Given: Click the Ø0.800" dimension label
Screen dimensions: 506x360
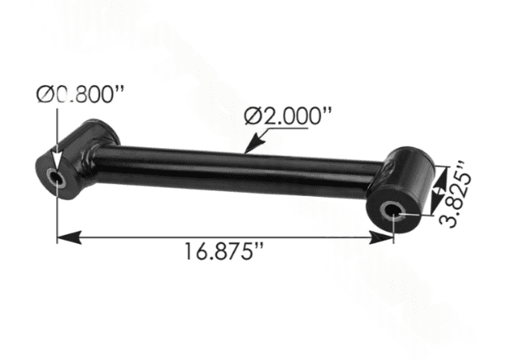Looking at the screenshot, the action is [80, 94].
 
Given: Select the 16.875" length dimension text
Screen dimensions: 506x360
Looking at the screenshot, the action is [224, 251].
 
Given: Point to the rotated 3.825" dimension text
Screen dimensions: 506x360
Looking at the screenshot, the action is [455, 195].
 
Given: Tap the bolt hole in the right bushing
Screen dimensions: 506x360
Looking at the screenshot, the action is [392, 212].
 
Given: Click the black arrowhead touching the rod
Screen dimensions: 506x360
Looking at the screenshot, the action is [254, 143].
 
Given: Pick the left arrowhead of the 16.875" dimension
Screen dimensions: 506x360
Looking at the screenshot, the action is [69, 238].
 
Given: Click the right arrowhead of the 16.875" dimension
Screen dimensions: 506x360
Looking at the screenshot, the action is [382, 238].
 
